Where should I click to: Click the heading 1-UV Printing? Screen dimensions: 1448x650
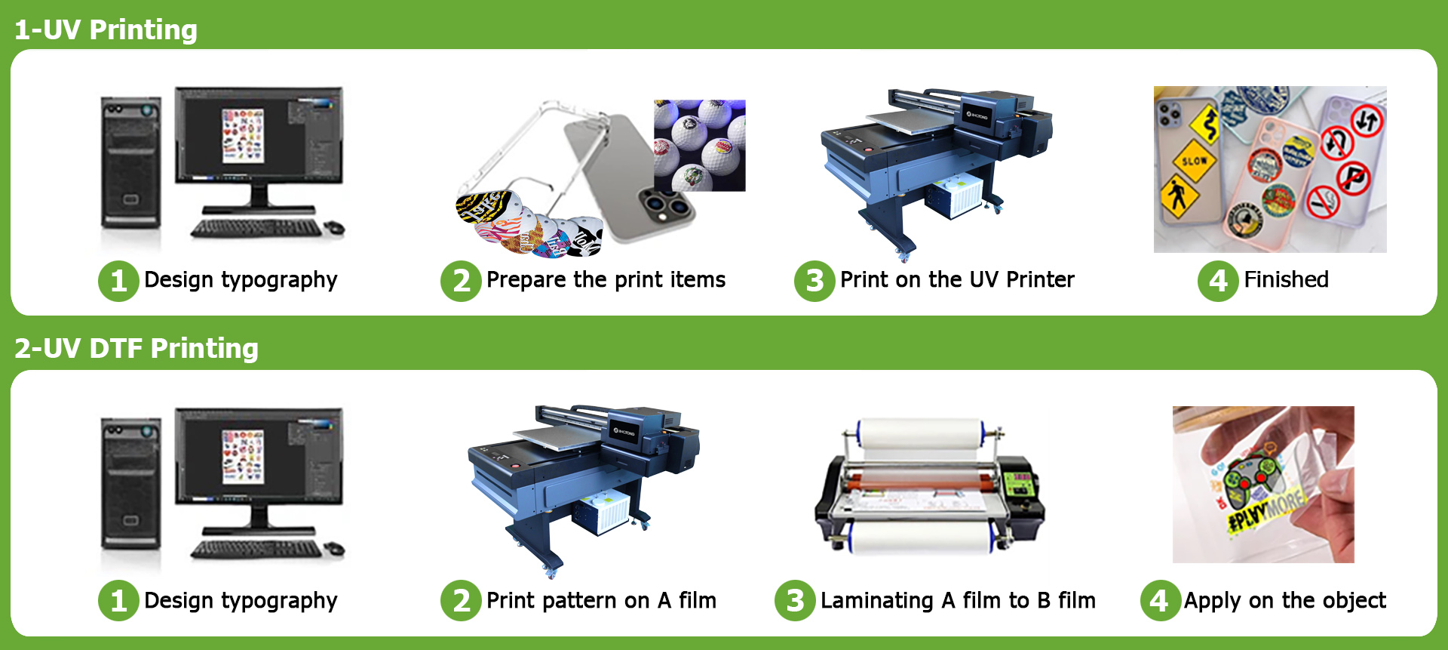coord(106,30)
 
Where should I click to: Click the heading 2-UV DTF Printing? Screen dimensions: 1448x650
coord(137,349)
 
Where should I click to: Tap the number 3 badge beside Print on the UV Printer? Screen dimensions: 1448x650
coord(814,281)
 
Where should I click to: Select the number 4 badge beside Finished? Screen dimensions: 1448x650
coord(1218,281)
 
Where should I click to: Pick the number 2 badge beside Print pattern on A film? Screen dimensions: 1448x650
coord(461,601)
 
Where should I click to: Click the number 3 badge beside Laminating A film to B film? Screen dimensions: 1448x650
coord(795,601)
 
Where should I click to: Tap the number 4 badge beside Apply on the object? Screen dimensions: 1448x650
coord(1161,601)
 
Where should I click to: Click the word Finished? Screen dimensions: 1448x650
coord(1286,279)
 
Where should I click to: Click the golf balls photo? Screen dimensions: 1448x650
coord(699,145)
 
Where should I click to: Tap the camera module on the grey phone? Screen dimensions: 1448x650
coord(666,206)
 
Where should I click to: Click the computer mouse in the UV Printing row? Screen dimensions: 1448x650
coord(334,226)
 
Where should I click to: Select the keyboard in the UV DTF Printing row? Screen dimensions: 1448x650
coord(256,549)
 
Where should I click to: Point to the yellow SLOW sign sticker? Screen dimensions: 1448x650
coord(1194,161)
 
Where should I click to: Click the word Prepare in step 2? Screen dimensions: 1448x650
coord(526,280)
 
